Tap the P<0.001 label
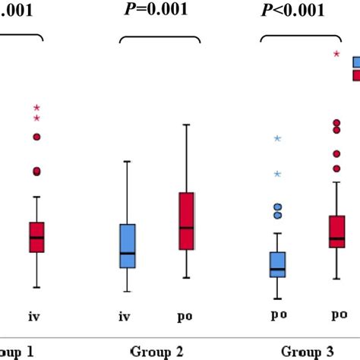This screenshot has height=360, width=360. [x=292, y=10]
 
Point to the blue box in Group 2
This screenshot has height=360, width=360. [x=128, y=245]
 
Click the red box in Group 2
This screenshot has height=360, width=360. [x=187, y=220]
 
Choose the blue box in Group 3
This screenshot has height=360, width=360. [x=278, y=264]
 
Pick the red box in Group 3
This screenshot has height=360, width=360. [x=336, y=231]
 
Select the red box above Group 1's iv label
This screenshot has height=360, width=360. [x=37, y=237]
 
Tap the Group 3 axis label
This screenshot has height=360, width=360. [x=308, y=351]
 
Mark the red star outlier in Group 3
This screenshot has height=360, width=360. [x=337, y=53]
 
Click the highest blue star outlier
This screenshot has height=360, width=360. [x=278, y=138]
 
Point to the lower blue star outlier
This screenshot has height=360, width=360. [x=278, y=174]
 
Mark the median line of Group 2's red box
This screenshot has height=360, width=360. [x=187, y=227]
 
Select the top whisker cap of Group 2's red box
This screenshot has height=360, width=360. [x=187, y=124]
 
